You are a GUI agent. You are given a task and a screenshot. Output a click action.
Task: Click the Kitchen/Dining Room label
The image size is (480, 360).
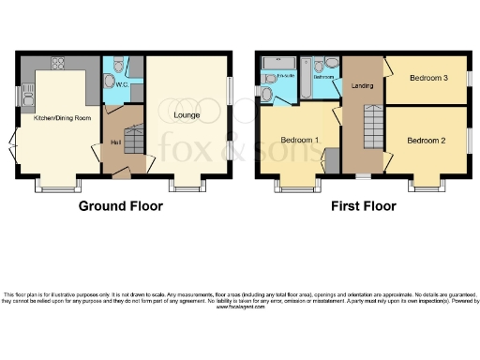coord(62,118)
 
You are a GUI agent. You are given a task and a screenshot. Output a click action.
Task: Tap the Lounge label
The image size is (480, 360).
coord(187,115)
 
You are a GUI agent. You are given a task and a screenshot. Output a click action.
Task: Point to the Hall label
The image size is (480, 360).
coord(115,143)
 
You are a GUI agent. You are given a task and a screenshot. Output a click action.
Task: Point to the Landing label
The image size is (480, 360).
coord(362,86)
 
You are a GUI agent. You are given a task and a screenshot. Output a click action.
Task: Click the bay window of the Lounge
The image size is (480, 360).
coord(185,183)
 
